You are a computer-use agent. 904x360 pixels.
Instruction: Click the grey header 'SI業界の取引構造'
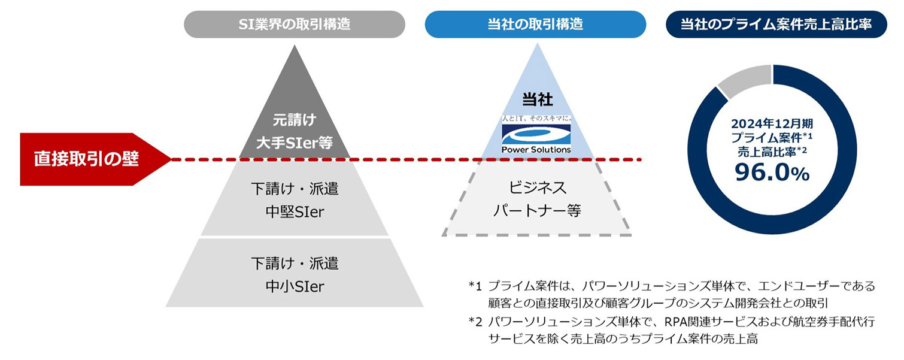click(294, 25)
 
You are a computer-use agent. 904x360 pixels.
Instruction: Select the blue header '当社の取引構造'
click(535, 25)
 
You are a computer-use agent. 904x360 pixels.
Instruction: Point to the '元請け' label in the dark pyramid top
click(294, 120)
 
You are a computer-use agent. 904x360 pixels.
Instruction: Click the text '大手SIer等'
click(294, 143)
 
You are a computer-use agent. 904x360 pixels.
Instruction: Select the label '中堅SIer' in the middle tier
click(294, 211)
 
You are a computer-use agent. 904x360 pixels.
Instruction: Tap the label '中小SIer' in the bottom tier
click(294, 286)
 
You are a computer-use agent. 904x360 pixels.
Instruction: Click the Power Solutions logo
click(536, 136)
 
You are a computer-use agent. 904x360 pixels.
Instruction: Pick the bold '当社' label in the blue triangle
click(536, 101)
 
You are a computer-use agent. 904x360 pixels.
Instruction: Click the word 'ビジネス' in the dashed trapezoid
click(536, 188)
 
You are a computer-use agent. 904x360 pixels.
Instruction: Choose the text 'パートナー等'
click(536, 211)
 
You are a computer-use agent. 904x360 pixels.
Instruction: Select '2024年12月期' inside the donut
click(772, 125)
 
